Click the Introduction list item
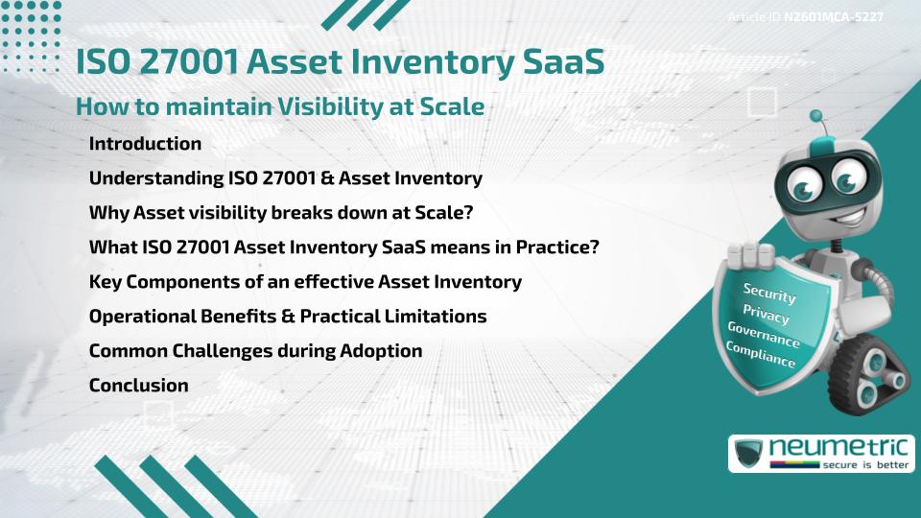point(145,144)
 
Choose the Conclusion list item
point(138,386)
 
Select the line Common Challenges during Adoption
point(255,351)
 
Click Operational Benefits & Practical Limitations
point(288,317)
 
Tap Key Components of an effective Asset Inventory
point(305,282)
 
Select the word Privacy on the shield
point(766,315)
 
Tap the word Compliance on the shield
point(761,356)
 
